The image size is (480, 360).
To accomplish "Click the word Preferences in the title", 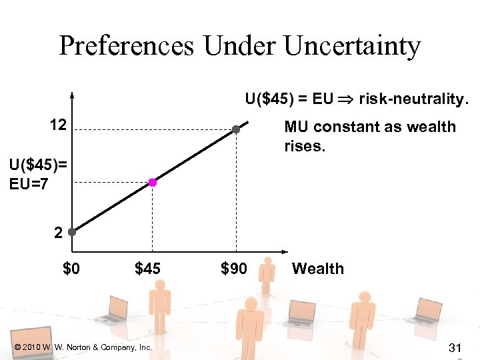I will click(127, 47).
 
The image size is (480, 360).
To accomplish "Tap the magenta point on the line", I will click(153, 182).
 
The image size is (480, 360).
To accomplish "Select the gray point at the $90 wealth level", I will click(235, 129).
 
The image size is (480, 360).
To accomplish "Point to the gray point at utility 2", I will click(71, 233).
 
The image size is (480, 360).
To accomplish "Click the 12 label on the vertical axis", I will click(58, 124).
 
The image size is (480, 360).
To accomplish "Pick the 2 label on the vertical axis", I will click(59, 233).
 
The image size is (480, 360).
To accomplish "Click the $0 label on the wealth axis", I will click(71, 269).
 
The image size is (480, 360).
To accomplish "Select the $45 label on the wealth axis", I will click(148, 269).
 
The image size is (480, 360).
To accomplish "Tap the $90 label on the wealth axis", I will click(233, 269).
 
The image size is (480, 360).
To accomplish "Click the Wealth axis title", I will click(318, 269).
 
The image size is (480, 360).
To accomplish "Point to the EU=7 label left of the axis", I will click(29, 183).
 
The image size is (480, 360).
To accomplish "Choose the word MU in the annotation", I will click(295, 127).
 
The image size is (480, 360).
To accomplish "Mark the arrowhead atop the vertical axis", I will click(71, 94).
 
